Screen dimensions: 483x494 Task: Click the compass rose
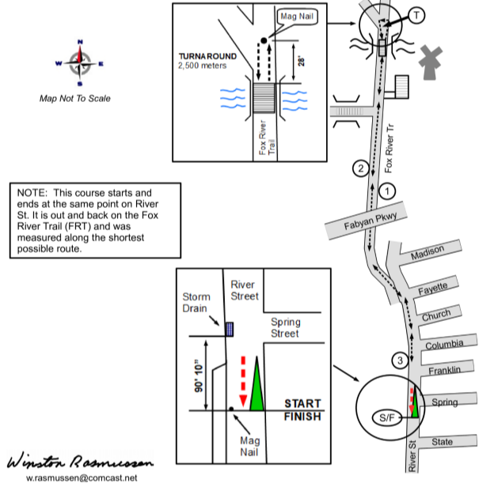(78, 62)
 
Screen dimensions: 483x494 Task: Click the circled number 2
(361, 168)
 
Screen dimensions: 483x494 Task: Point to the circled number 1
(387, 191)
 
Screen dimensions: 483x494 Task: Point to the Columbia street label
(443, 345)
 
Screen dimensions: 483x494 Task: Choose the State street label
(442, 442)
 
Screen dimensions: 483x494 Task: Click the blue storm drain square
(230, 329)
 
